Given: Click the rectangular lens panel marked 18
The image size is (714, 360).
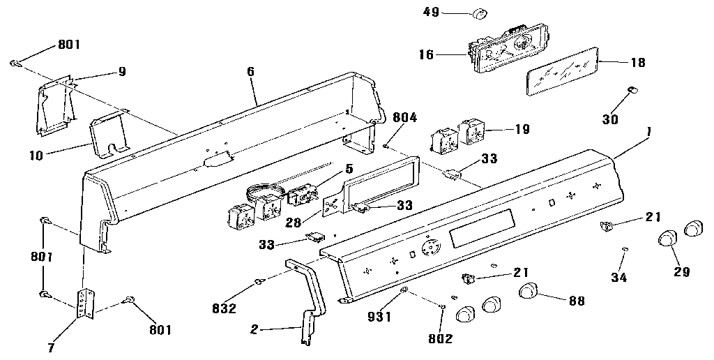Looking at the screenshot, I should [x=562, y=70].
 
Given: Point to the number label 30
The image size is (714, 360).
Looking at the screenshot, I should [x=610, y=119].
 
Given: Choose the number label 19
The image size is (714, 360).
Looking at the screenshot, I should [x=521, y=129].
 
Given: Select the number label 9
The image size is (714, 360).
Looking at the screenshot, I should [x=122, y=70].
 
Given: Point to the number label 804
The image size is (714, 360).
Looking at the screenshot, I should [x=404, y=117].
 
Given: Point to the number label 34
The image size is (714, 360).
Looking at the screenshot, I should [x=618, y=277].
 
